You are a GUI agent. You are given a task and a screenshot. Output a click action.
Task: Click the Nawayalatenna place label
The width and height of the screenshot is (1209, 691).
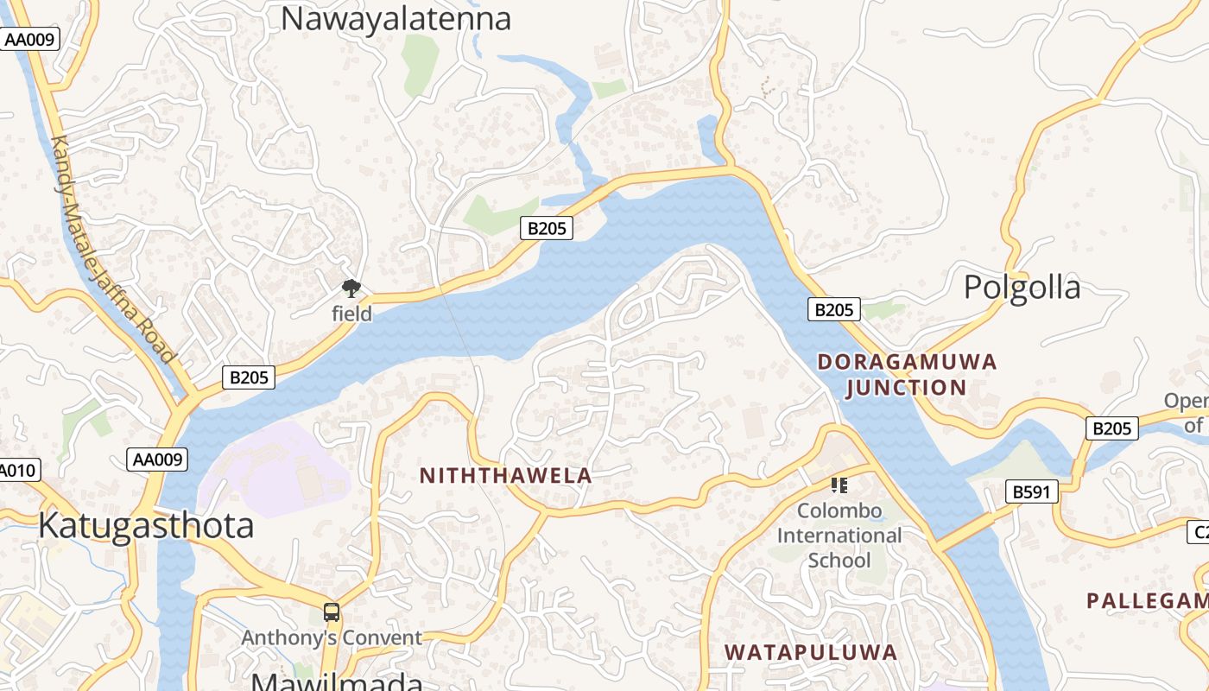click(x=396, y=18)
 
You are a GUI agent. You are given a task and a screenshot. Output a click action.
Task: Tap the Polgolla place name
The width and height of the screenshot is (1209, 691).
click(x=1022, y=287)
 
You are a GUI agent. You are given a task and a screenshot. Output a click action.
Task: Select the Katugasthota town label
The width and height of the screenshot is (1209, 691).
click(x=146, y=525)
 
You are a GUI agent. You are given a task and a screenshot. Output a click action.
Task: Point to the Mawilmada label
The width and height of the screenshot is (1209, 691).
click(x=337, y=681)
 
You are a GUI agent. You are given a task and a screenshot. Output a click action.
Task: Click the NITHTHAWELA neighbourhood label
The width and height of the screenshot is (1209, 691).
click(x=505, y=475)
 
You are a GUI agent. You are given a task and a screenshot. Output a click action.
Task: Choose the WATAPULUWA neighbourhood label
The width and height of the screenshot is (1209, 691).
click(x=810, y=652)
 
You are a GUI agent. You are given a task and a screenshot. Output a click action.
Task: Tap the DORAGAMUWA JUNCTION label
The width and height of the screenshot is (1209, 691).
click(x=907, y=374)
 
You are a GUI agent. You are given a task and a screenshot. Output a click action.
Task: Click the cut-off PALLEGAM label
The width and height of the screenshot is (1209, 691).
click(x=1147, y=600)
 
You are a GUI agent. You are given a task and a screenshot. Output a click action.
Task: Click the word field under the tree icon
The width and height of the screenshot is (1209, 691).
click(x=352, y=314)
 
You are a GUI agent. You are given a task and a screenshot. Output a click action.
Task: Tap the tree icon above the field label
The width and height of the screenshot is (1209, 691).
click(x=351, y=288)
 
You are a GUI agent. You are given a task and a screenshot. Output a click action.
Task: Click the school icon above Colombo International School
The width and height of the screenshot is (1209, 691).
click(x=839, y=485)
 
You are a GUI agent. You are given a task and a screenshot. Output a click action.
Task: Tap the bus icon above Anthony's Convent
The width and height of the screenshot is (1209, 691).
click(x=331, y=612)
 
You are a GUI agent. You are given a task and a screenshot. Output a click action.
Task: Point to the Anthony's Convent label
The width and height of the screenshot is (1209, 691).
click(x=332, y=638)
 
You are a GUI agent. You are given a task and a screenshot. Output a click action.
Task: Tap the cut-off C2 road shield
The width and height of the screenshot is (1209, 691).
click(x=1198, y=532)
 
